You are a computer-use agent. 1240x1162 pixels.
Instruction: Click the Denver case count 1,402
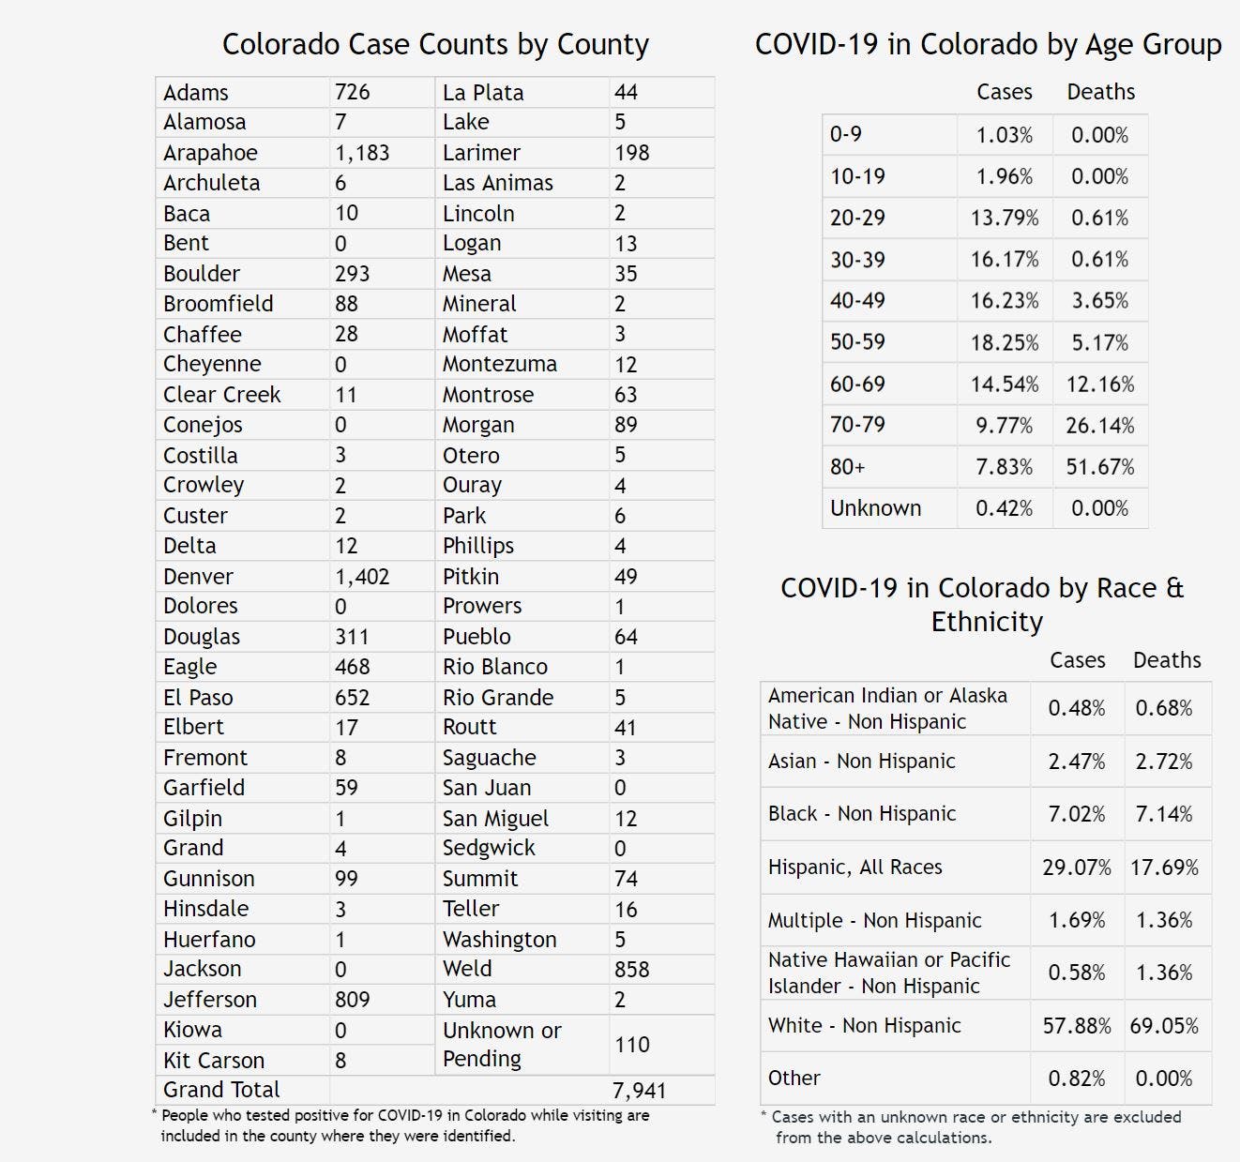[362, 576]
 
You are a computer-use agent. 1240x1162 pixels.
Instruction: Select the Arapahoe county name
[210, 153]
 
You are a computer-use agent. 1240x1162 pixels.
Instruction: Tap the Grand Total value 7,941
[639, 1090]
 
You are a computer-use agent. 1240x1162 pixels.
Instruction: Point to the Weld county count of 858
[631, 969]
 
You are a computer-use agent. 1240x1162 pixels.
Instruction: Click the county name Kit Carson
[214, 1060]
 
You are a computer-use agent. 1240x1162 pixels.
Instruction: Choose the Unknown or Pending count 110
[632, 1044]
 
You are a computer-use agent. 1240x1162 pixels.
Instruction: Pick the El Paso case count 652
[353, 697]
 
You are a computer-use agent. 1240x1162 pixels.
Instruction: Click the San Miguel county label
[495, 818]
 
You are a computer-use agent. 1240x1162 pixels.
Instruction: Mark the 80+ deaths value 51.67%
[1100, 466]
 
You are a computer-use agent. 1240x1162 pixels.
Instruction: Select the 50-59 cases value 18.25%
[1005, 342]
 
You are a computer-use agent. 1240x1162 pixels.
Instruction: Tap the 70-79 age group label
[857, 425]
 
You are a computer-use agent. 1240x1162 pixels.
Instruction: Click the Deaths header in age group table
[1101, 92]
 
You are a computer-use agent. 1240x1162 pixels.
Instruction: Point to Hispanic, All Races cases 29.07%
[1077, 868]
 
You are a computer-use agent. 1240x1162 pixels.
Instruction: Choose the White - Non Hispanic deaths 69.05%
[1164, 1025]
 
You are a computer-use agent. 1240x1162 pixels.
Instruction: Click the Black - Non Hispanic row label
[862, 814]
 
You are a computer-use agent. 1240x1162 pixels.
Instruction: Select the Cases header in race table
[1078, 660]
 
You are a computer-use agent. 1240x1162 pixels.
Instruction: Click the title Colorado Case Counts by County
[435, 44]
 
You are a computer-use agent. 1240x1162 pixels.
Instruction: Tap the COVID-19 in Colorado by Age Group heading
[989, 44]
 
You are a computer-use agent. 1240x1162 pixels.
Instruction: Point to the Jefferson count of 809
[353, 1000]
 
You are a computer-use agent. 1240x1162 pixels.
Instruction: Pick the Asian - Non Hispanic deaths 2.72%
[1164, 762]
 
